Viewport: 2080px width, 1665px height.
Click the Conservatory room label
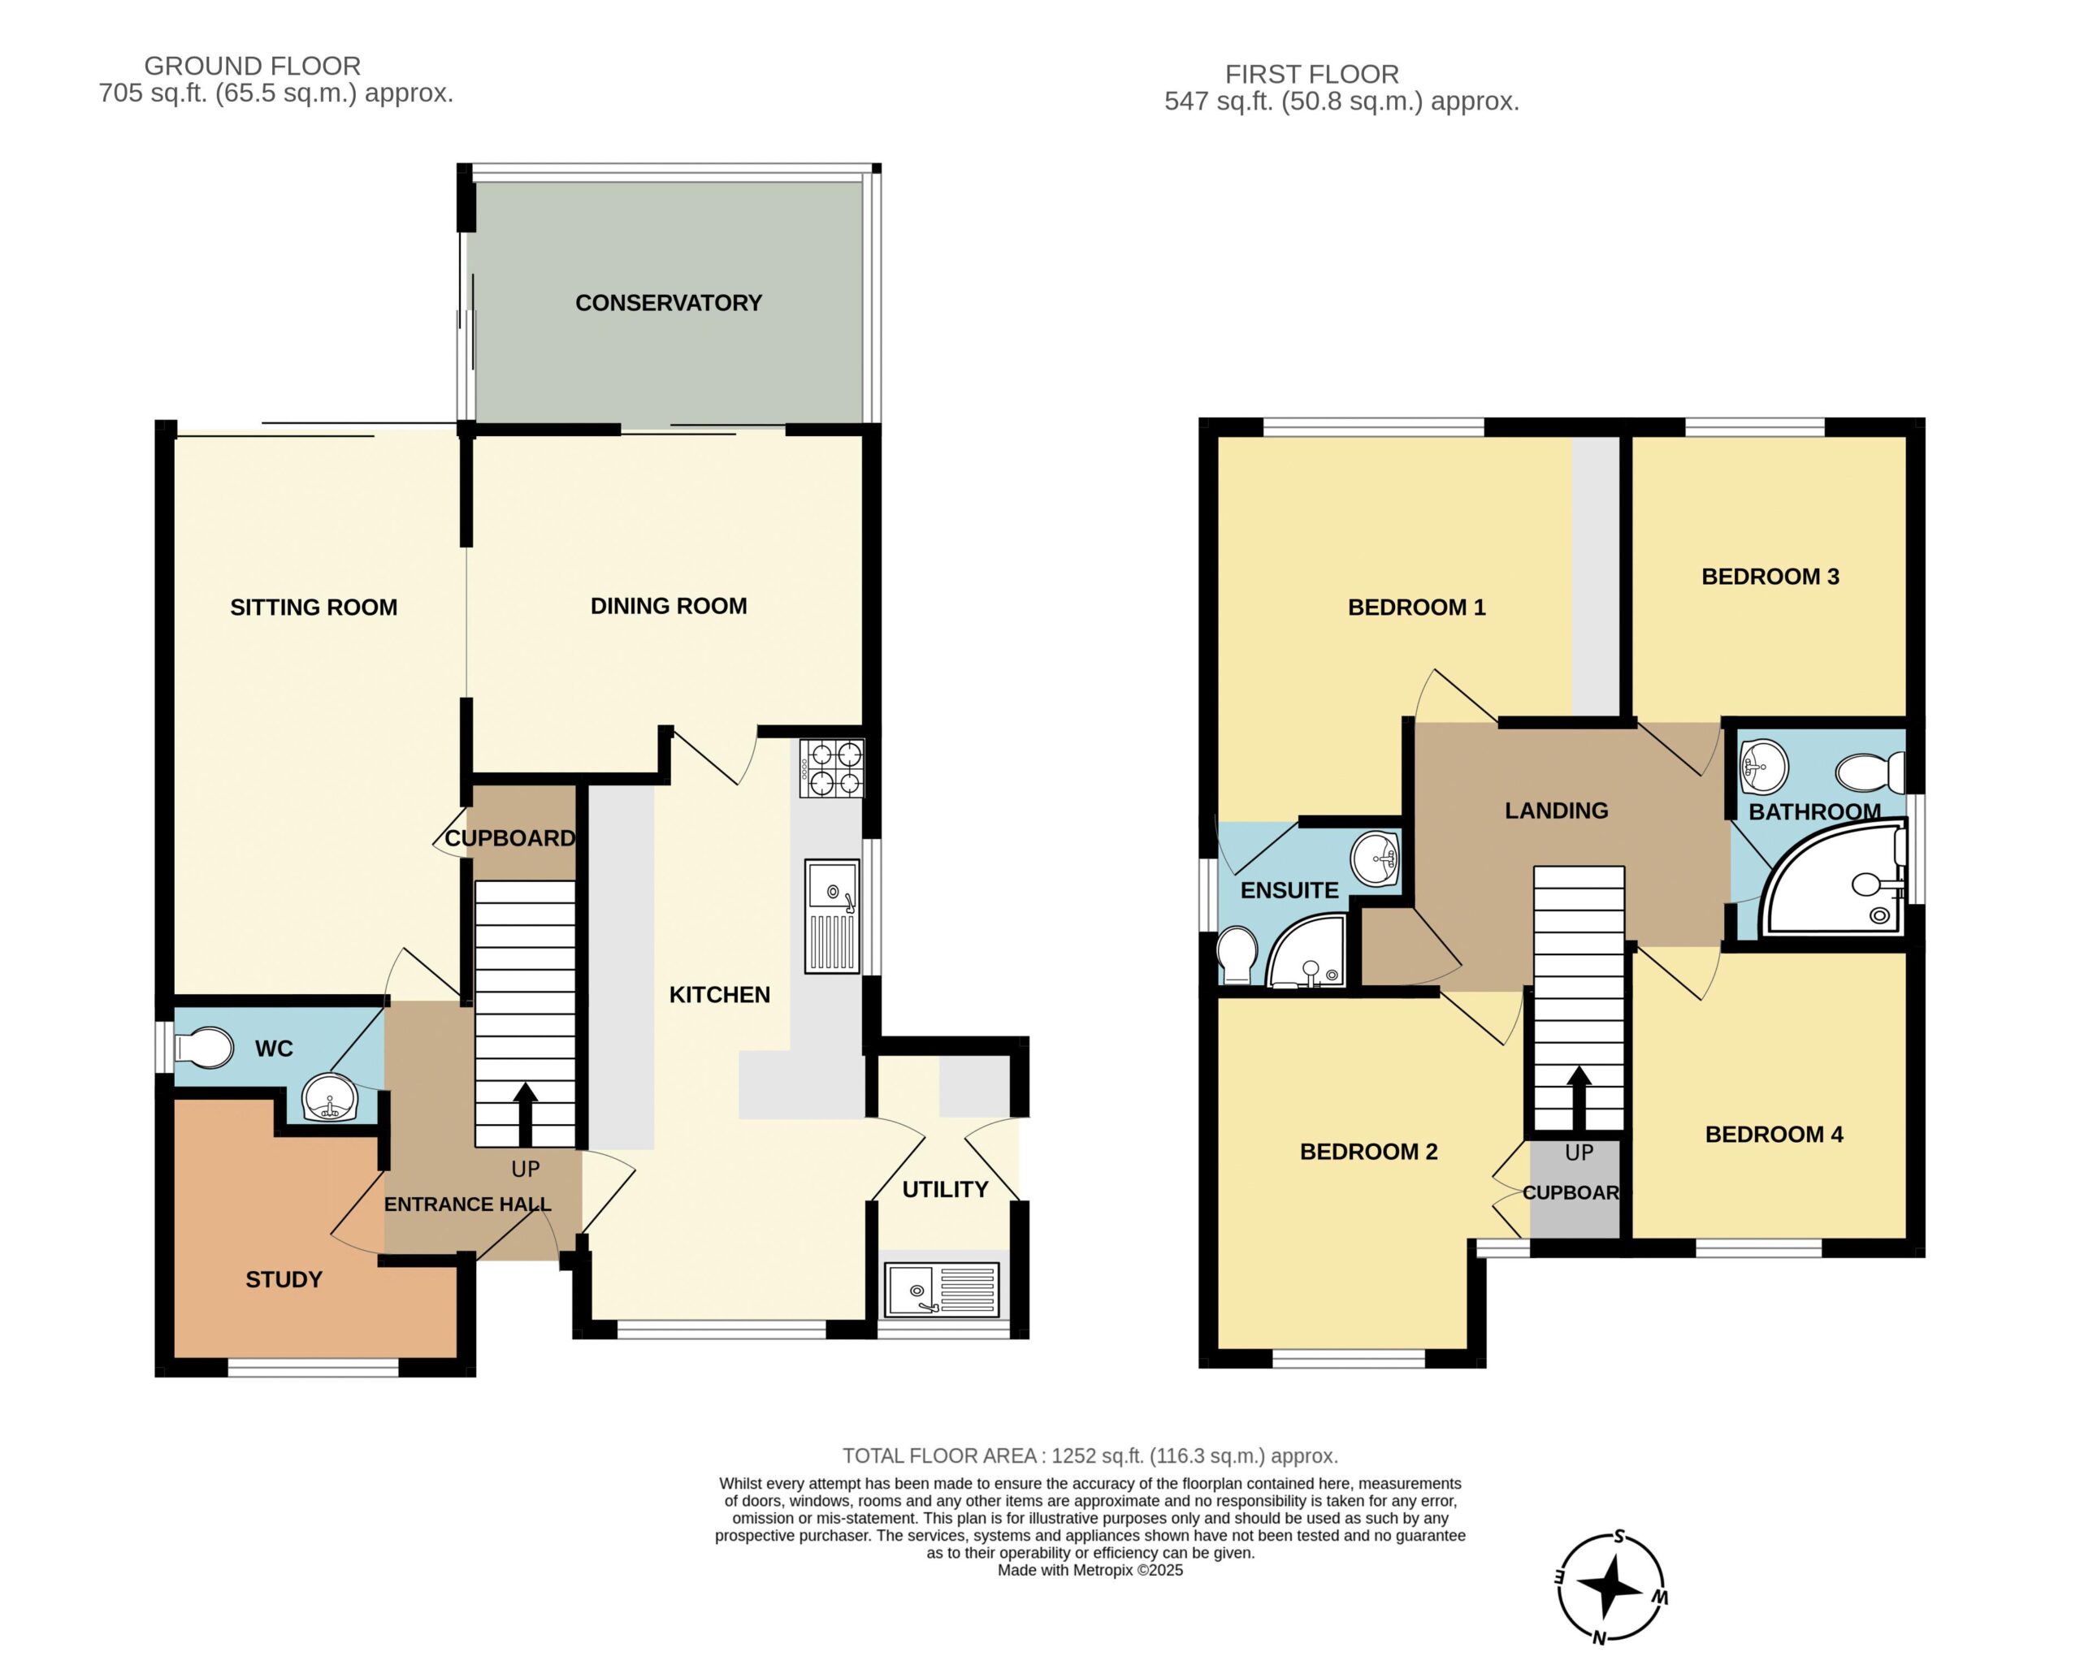point(669,303)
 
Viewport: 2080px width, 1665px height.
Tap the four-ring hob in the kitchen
point(832,768)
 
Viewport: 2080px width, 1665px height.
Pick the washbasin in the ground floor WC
point(330,1098)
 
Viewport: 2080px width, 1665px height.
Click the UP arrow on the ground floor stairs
point(525,1114)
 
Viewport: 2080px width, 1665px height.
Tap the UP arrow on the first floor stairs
point(1579,1098)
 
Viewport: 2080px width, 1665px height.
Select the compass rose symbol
point(1611,1589)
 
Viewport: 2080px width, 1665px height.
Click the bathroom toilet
point(1870,772)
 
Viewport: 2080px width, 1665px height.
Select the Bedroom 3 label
point(1770,577)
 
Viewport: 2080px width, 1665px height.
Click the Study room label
point(284,1279)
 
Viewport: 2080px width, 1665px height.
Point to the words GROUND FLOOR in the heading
point(253,66)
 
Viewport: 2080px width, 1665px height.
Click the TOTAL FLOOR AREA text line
point(1090,1455)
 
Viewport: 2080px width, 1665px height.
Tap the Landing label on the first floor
point(1556,811)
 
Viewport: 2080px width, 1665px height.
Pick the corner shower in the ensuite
point(1306,953)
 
